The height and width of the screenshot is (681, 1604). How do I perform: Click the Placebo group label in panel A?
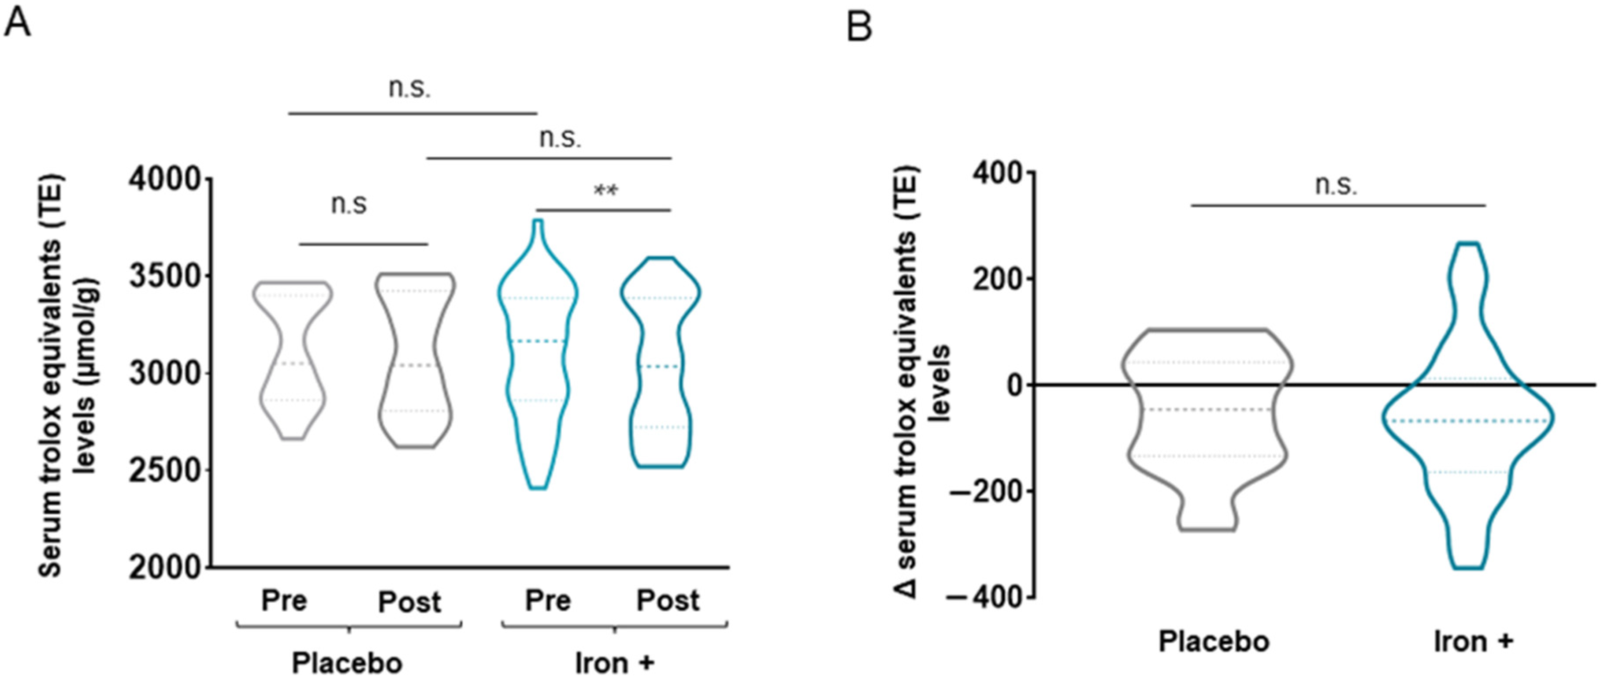coord(347,663)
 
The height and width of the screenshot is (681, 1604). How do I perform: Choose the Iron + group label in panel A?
coord(614,663)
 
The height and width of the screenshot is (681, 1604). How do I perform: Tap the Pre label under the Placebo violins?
coord(284,601)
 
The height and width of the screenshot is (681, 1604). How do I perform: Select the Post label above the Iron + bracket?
coord(668,601)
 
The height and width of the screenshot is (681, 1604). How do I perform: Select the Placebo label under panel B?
coord(1214,642)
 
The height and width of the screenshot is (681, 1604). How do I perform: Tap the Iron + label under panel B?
coord(1473,642)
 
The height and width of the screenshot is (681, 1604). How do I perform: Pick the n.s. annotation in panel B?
coord(1336,186)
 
